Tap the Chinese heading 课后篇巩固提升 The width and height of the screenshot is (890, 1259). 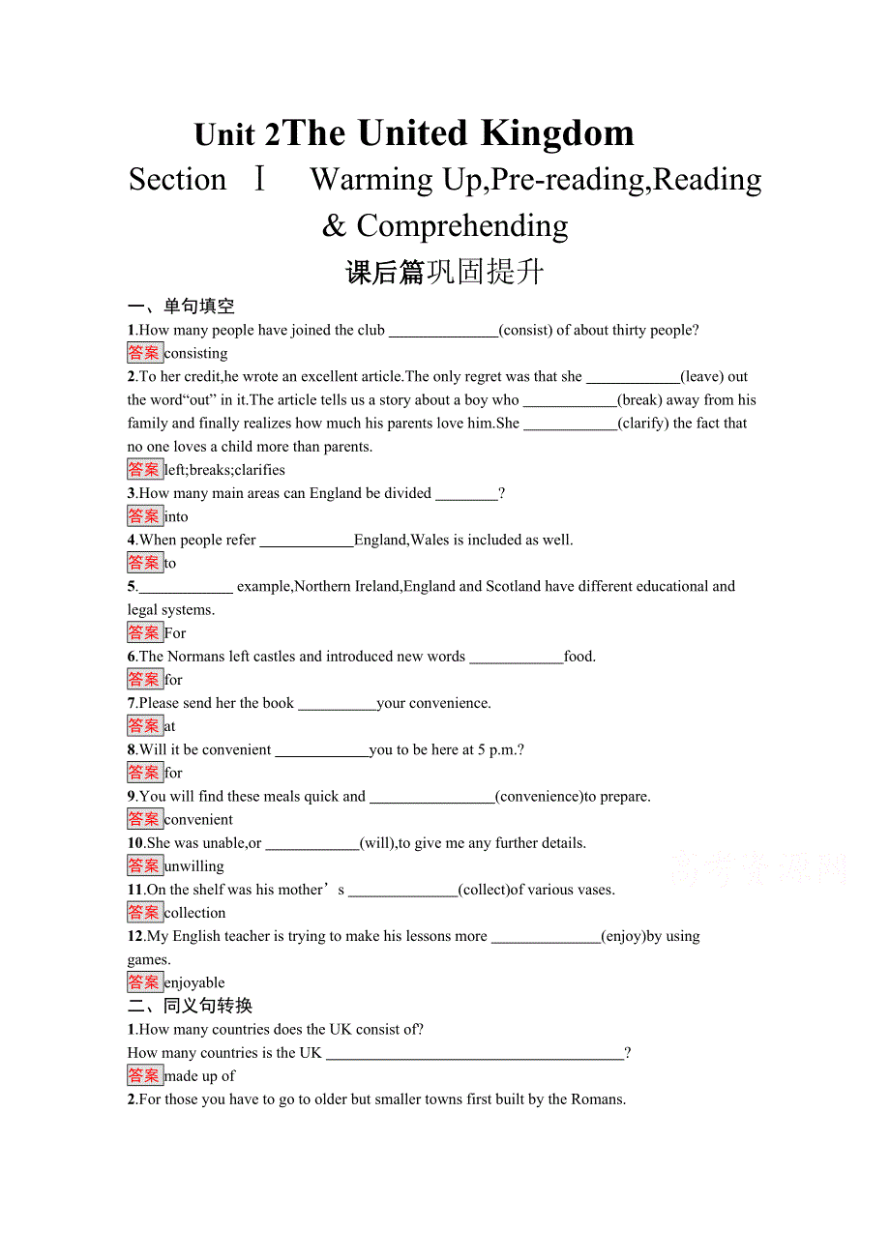[x=445, y=273]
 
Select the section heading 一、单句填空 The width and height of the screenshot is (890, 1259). [x=181, y=307]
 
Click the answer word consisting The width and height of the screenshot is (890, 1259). [x=196, y=354]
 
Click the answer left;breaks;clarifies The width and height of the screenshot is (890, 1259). [x=224, y=470]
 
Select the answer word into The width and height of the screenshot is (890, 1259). [x=176, y=516]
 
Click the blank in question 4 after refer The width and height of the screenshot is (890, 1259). [x=307, y=541]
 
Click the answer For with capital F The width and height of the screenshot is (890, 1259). [x=175, y=633]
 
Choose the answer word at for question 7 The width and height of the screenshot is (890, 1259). [x=170, y=726]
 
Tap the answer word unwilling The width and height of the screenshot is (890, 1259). [x=194, y=866]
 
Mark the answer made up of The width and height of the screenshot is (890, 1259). [x=199, y=1076]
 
